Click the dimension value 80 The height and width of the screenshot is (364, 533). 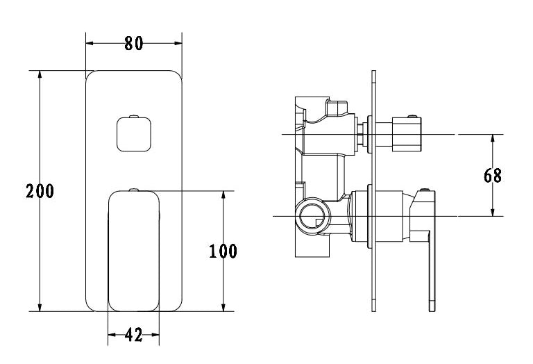pos(133,43)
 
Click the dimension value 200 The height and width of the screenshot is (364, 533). pos(40,191)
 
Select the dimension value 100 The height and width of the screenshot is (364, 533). pos(223,251)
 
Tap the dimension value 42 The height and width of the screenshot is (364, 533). pos(133,336)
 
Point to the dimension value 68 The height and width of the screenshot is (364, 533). pos(493,175)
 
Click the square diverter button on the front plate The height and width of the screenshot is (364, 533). pos(134,133)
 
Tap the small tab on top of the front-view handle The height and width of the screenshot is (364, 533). pos(134,188)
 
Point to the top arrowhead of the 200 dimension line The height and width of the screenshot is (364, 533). pos(40,74)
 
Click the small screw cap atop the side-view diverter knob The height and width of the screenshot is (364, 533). pos(414,116)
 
